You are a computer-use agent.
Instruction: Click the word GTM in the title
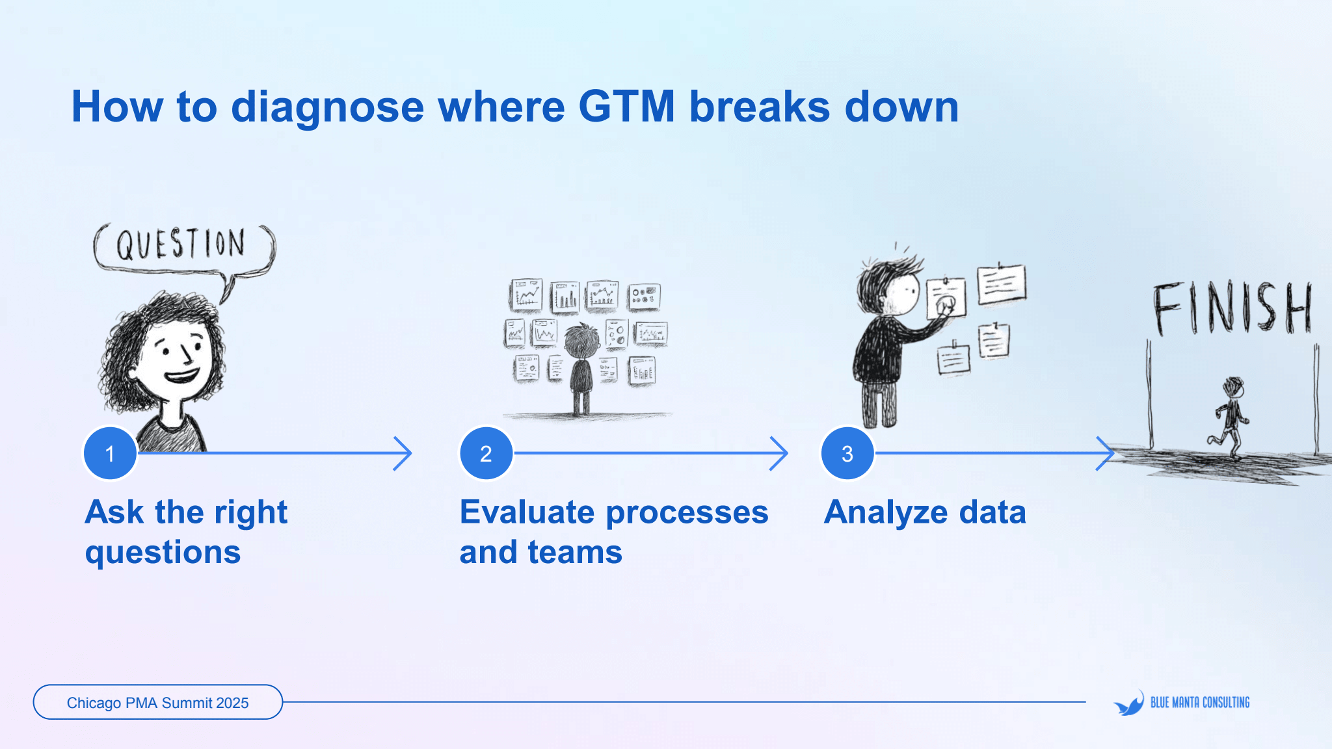[x=626, y=107]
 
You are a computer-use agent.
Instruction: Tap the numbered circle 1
[x=110, y=453]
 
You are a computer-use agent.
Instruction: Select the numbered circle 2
[x=486, y=453]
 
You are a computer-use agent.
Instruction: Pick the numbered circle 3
[x=847, y=453]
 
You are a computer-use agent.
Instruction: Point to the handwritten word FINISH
[x=1231, y=308]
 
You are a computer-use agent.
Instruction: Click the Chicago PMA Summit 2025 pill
[x=157, y=702]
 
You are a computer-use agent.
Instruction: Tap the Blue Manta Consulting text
[x=1200, y=702]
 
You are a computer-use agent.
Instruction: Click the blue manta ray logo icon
[x=1129, y=703]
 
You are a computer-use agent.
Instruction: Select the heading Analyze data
[x=924, y=512]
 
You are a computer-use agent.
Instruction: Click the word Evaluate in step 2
[x=527, y=512]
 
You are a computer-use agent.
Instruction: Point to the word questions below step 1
[x=163, y=553]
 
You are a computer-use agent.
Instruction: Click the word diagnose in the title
[x=327, y=107]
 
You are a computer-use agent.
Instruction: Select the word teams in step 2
[x=575, y=553]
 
